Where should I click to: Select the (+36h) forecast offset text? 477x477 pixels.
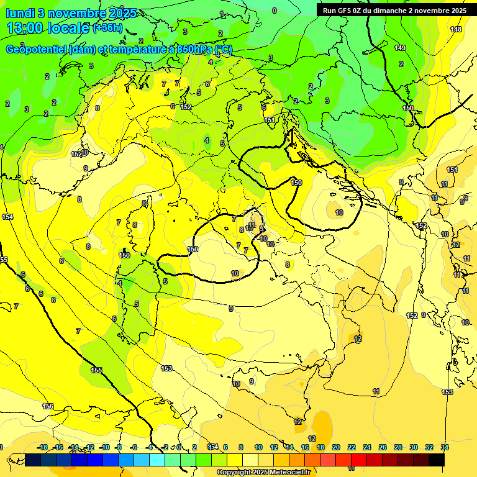(x=107, y=28)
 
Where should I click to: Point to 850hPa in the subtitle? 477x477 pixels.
(x=190, y=50)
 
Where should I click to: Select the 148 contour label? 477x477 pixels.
(x=456, y=29)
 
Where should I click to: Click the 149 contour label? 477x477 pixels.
(x=400, y=48)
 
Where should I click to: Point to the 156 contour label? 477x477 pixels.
(x=48, y=406)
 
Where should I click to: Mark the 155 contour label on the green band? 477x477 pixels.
(x=96, y=370)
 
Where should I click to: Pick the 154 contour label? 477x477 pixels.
(x=7, y=217)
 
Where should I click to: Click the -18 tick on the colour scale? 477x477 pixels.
(x=43, y=447)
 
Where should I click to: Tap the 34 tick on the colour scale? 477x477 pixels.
(x=444, y=447)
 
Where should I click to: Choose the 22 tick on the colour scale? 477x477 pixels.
(x=352, y=447)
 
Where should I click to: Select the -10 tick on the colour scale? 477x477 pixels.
(x=104, y=447)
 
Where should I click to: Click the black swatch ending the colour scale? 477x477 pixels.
(x=436, y=460)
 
